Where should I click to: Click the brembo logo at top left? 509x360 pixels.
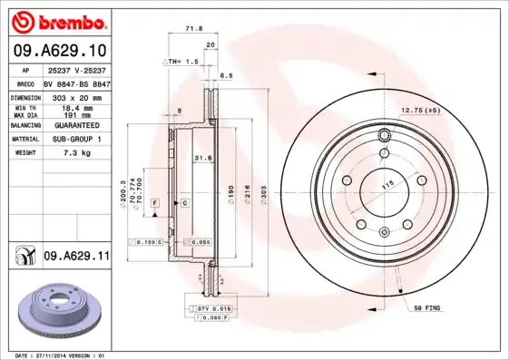59,21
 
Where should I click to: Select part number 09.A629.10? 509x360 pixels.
58,53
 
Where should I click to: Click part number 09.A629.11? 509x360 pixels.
75,258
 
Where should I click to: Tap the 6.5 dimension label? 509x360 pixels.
226,75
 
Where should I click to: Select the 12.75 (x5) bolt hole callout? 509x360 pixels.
420,110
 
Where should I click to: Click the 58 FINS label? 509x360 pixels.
426,309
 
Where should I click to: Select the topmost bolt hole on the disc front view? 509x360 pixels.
384,137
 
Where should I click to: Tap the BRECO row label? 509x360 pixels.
26,83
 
